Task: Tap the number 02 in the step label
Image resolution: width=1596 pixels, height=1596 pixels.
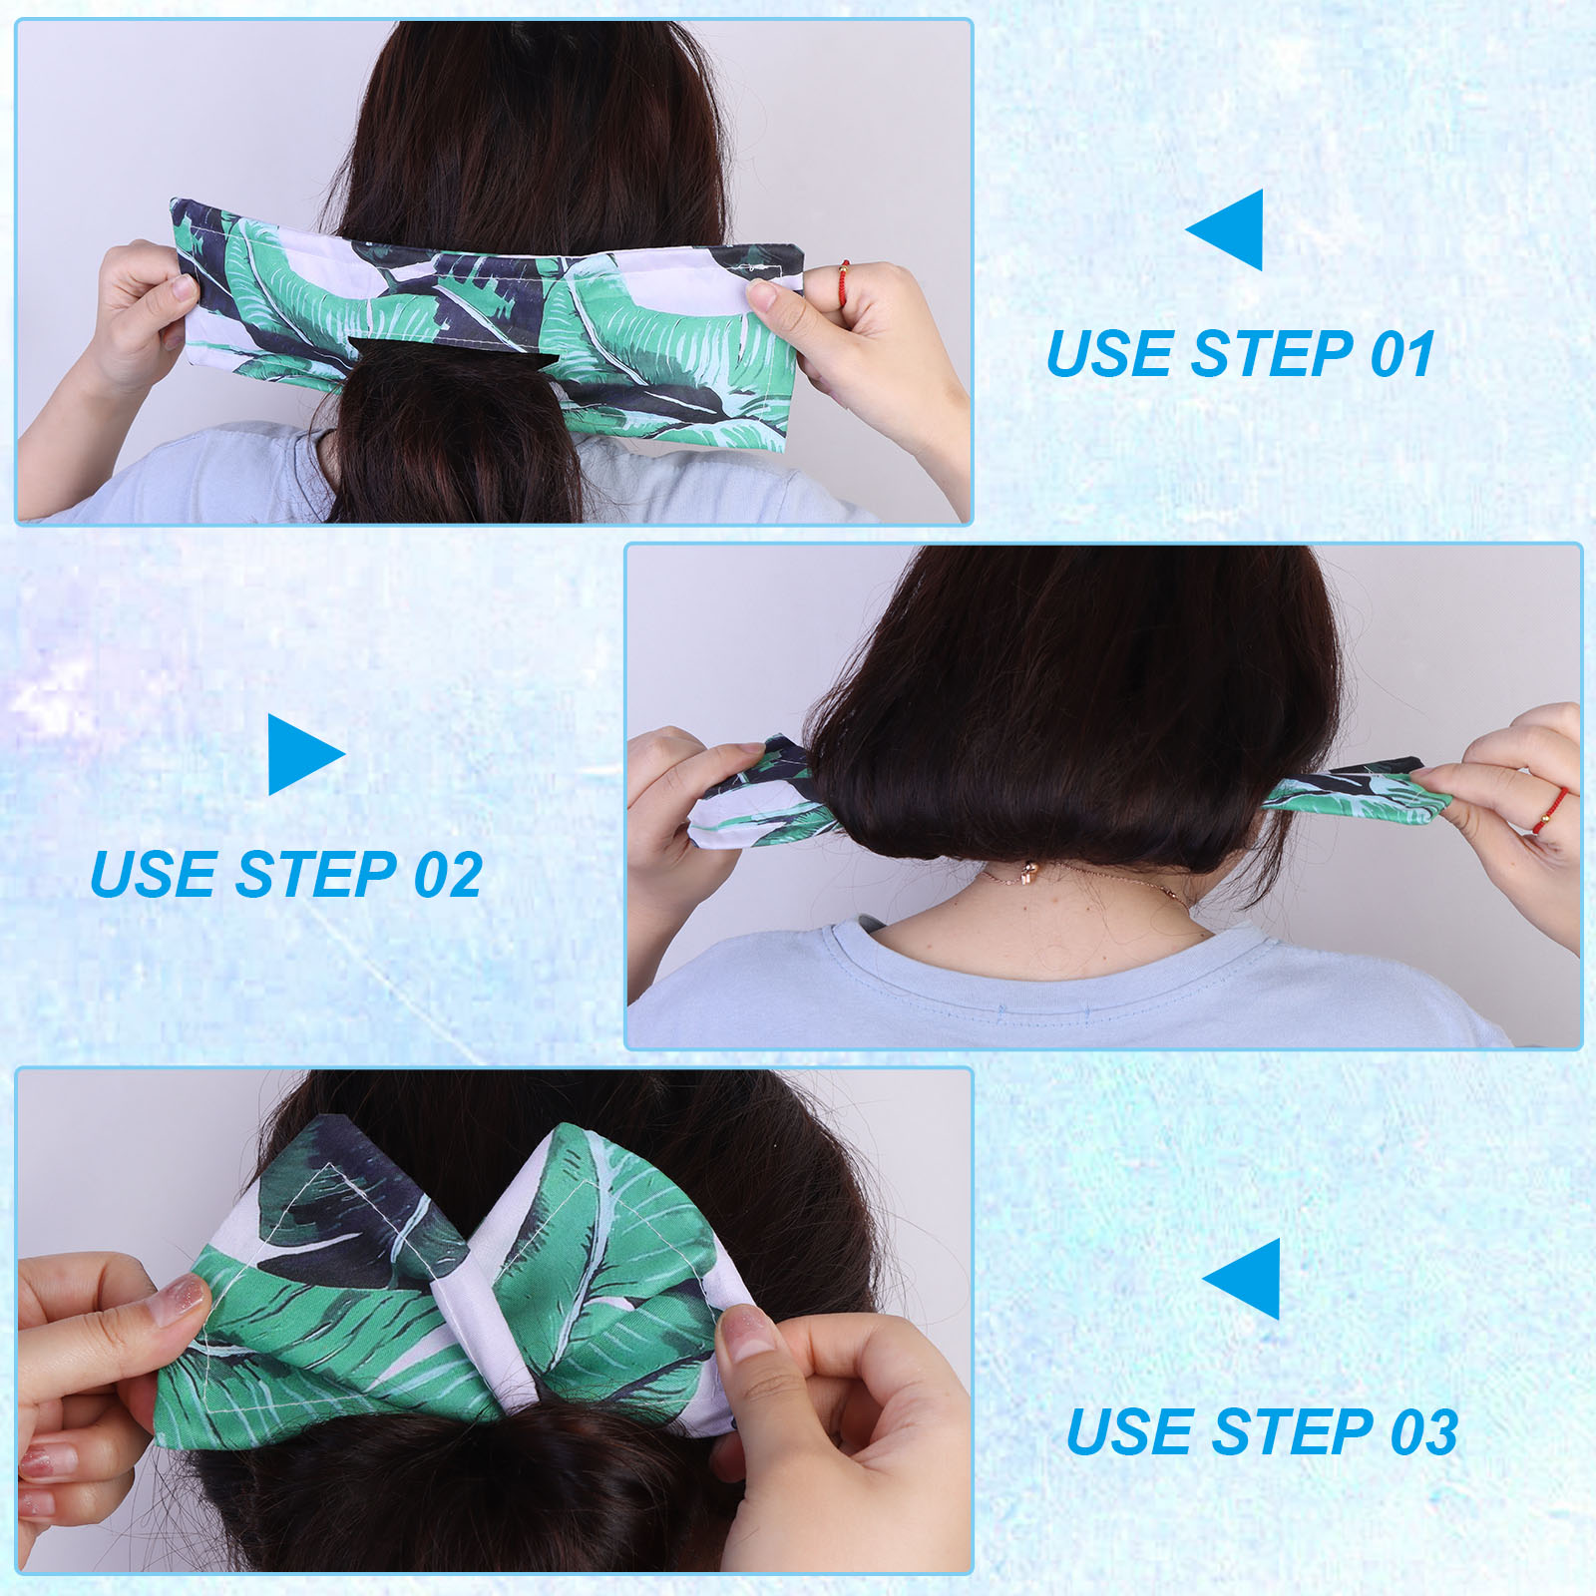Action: point(448,874)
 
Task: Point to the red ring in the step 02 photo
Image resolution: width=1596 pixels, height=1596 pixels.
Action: point(1552,810)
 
